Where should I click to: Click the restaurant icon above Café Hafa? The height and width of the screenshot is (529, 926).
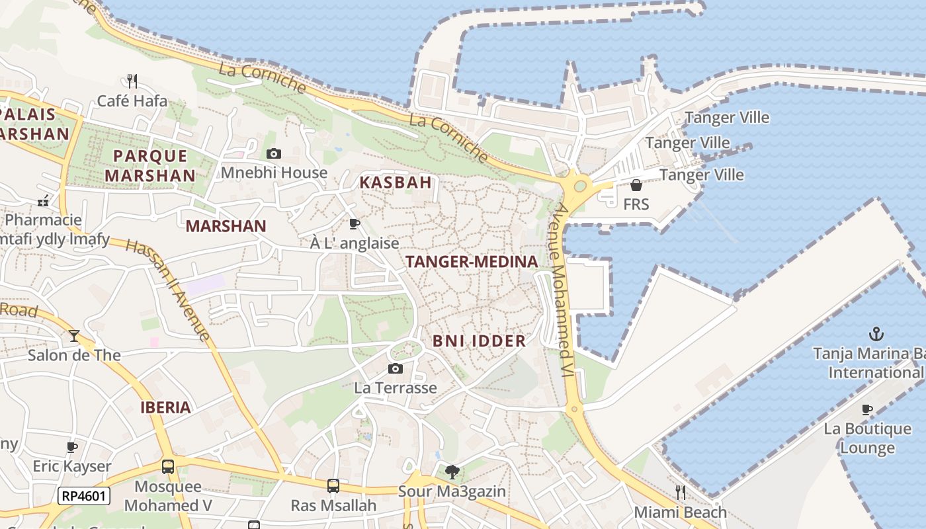132,81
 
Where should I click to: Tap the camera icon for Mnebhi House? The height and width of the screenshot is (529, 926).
273,154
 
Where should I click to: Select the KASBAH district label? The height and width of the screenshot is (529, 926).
396,183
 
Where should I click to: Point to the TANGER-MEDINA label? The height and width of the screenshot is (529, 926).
472,262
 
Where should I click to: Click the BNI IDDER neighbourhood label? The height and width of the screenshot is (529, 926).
480,341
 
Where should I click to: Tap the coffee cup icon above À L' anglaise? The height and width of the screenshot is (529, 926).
355,224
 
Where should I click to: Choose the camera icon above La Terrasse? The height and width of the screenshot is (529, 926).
395,368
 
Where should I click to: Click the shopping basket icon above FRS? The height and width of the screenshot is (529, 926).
636,185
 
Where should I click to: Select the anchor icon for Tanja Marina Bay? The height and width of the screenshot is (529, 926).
876,333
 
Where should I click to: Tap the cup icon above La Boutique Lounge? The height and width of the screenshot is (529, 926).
867,410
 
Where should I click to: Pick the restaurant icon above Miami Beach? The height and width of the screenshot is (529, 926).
680,492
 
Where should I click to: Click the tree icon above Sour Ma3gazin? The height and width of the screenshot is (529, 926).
452,471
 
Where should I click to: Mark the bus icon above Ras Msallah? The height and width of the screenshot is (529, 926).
333,486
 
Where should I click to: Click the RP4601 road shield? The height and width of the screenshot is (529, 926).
83,496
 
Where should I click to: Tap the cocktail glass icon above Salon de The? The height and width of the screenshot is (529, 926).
74,336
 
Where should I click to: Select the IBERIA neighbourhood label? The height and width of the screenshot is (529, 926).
165,407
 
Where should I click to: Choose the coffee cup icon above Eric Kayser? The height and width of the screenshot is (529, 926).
72,447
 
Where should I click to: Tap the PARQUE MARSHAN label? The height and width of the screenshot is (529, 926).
150,166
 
